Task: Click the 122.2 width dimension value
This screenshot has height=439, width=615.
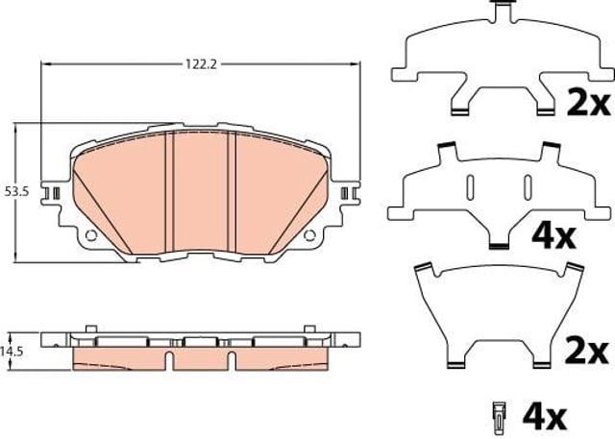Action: point(199,64)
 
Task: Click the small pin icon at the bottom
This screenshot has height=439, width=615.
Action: point(499,414)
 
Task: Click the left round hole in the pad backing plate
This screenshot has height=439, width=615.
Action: point(90,235)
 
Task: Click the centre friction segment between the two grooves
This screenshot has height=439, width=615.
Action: point(201,192)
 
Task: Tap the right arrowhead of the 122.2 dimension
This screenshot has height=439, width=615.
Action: point(356,64)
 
